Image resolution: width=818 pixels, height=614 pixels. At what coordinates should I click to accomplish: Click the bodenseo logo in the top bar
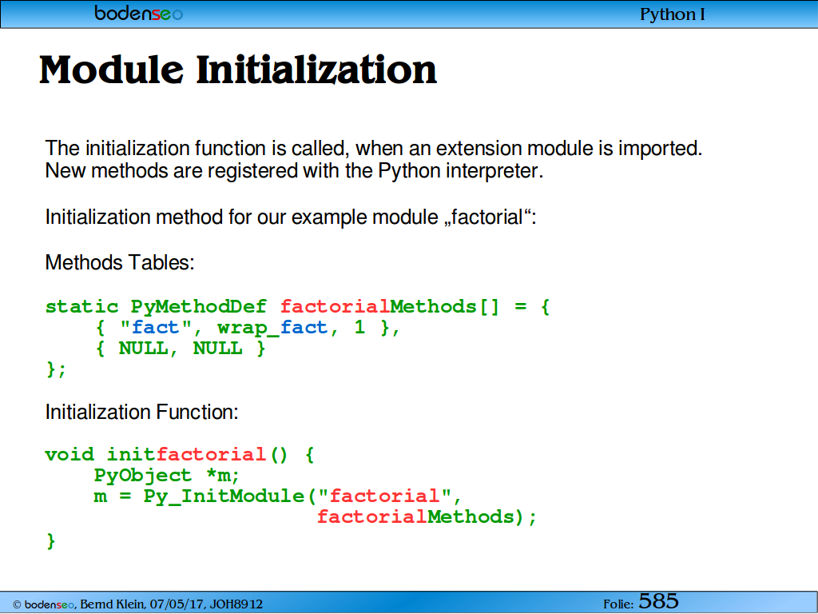tap(139, 13)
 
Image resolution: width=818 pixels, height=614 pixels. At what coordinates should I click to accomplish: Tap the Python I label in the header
tap(673, 14)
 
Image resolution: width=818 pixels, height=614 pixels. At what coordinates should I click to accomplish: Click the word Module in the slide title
tap(111, 70)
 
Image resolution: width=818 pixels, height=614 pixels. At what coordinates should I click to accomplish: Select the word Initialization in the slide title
tap(316, 70)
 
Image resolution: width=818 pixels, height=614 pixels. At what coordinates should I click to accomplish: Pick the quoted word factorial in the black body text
tap(486, 217)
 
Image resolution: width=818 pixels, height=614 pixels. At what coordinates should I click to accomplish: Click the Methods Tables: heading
tap(120, 262)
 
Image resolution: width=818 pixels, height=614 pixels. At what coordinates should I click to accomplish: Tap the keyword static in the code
tap(82, 306)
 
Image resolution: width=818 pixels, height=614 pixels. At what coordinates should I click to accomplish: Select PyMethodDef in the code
tap(199, 306)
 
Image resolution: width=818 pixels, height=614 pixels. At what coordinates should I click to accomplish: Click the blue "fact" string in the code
tap(156, 327)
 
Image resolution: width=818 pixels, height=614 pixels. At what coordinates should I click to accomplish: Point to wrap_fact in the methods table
tap(272, 328)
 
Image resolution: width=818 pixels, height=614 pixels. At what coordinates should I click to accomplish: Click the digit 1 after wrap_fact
tap(359, 327)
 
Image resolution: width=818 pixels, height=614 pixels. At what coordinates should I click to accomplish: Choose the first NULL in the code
tap(143, 349)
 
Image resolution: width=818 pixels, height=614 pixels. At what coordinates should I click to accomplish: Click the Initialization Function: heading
tap(141, 412)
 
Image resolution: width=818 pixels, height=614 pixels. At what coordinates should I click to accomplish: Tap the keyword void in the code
tap(69, 454)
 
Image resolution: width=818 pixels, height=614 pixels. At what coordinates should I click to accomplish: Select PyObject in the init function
tap(143, 476)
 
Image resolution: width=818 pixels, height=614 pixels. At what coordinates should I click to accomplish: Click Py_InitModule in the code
tap(224, 496)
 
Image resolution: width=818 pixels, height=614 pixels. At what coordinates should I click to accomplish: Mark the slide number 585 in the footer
tap(658, 601)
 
